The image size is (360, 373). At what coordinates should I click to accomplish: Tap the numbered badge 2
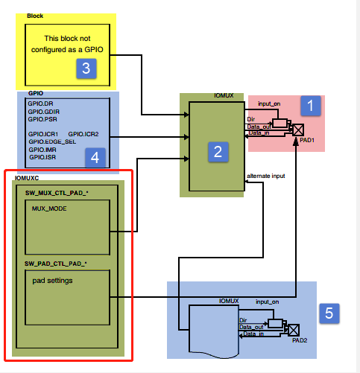coord(217,152)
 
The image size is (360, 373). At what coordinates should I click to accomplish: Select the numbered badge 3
coord(87,68)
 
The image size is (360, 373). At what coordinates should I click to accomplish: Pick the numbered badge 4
coord(94,157)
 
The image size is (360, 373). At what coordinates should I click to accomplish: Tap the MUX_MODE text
coord(49,210)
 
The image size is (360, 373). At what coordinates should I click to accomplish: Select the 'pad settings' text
coord(53,281)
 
